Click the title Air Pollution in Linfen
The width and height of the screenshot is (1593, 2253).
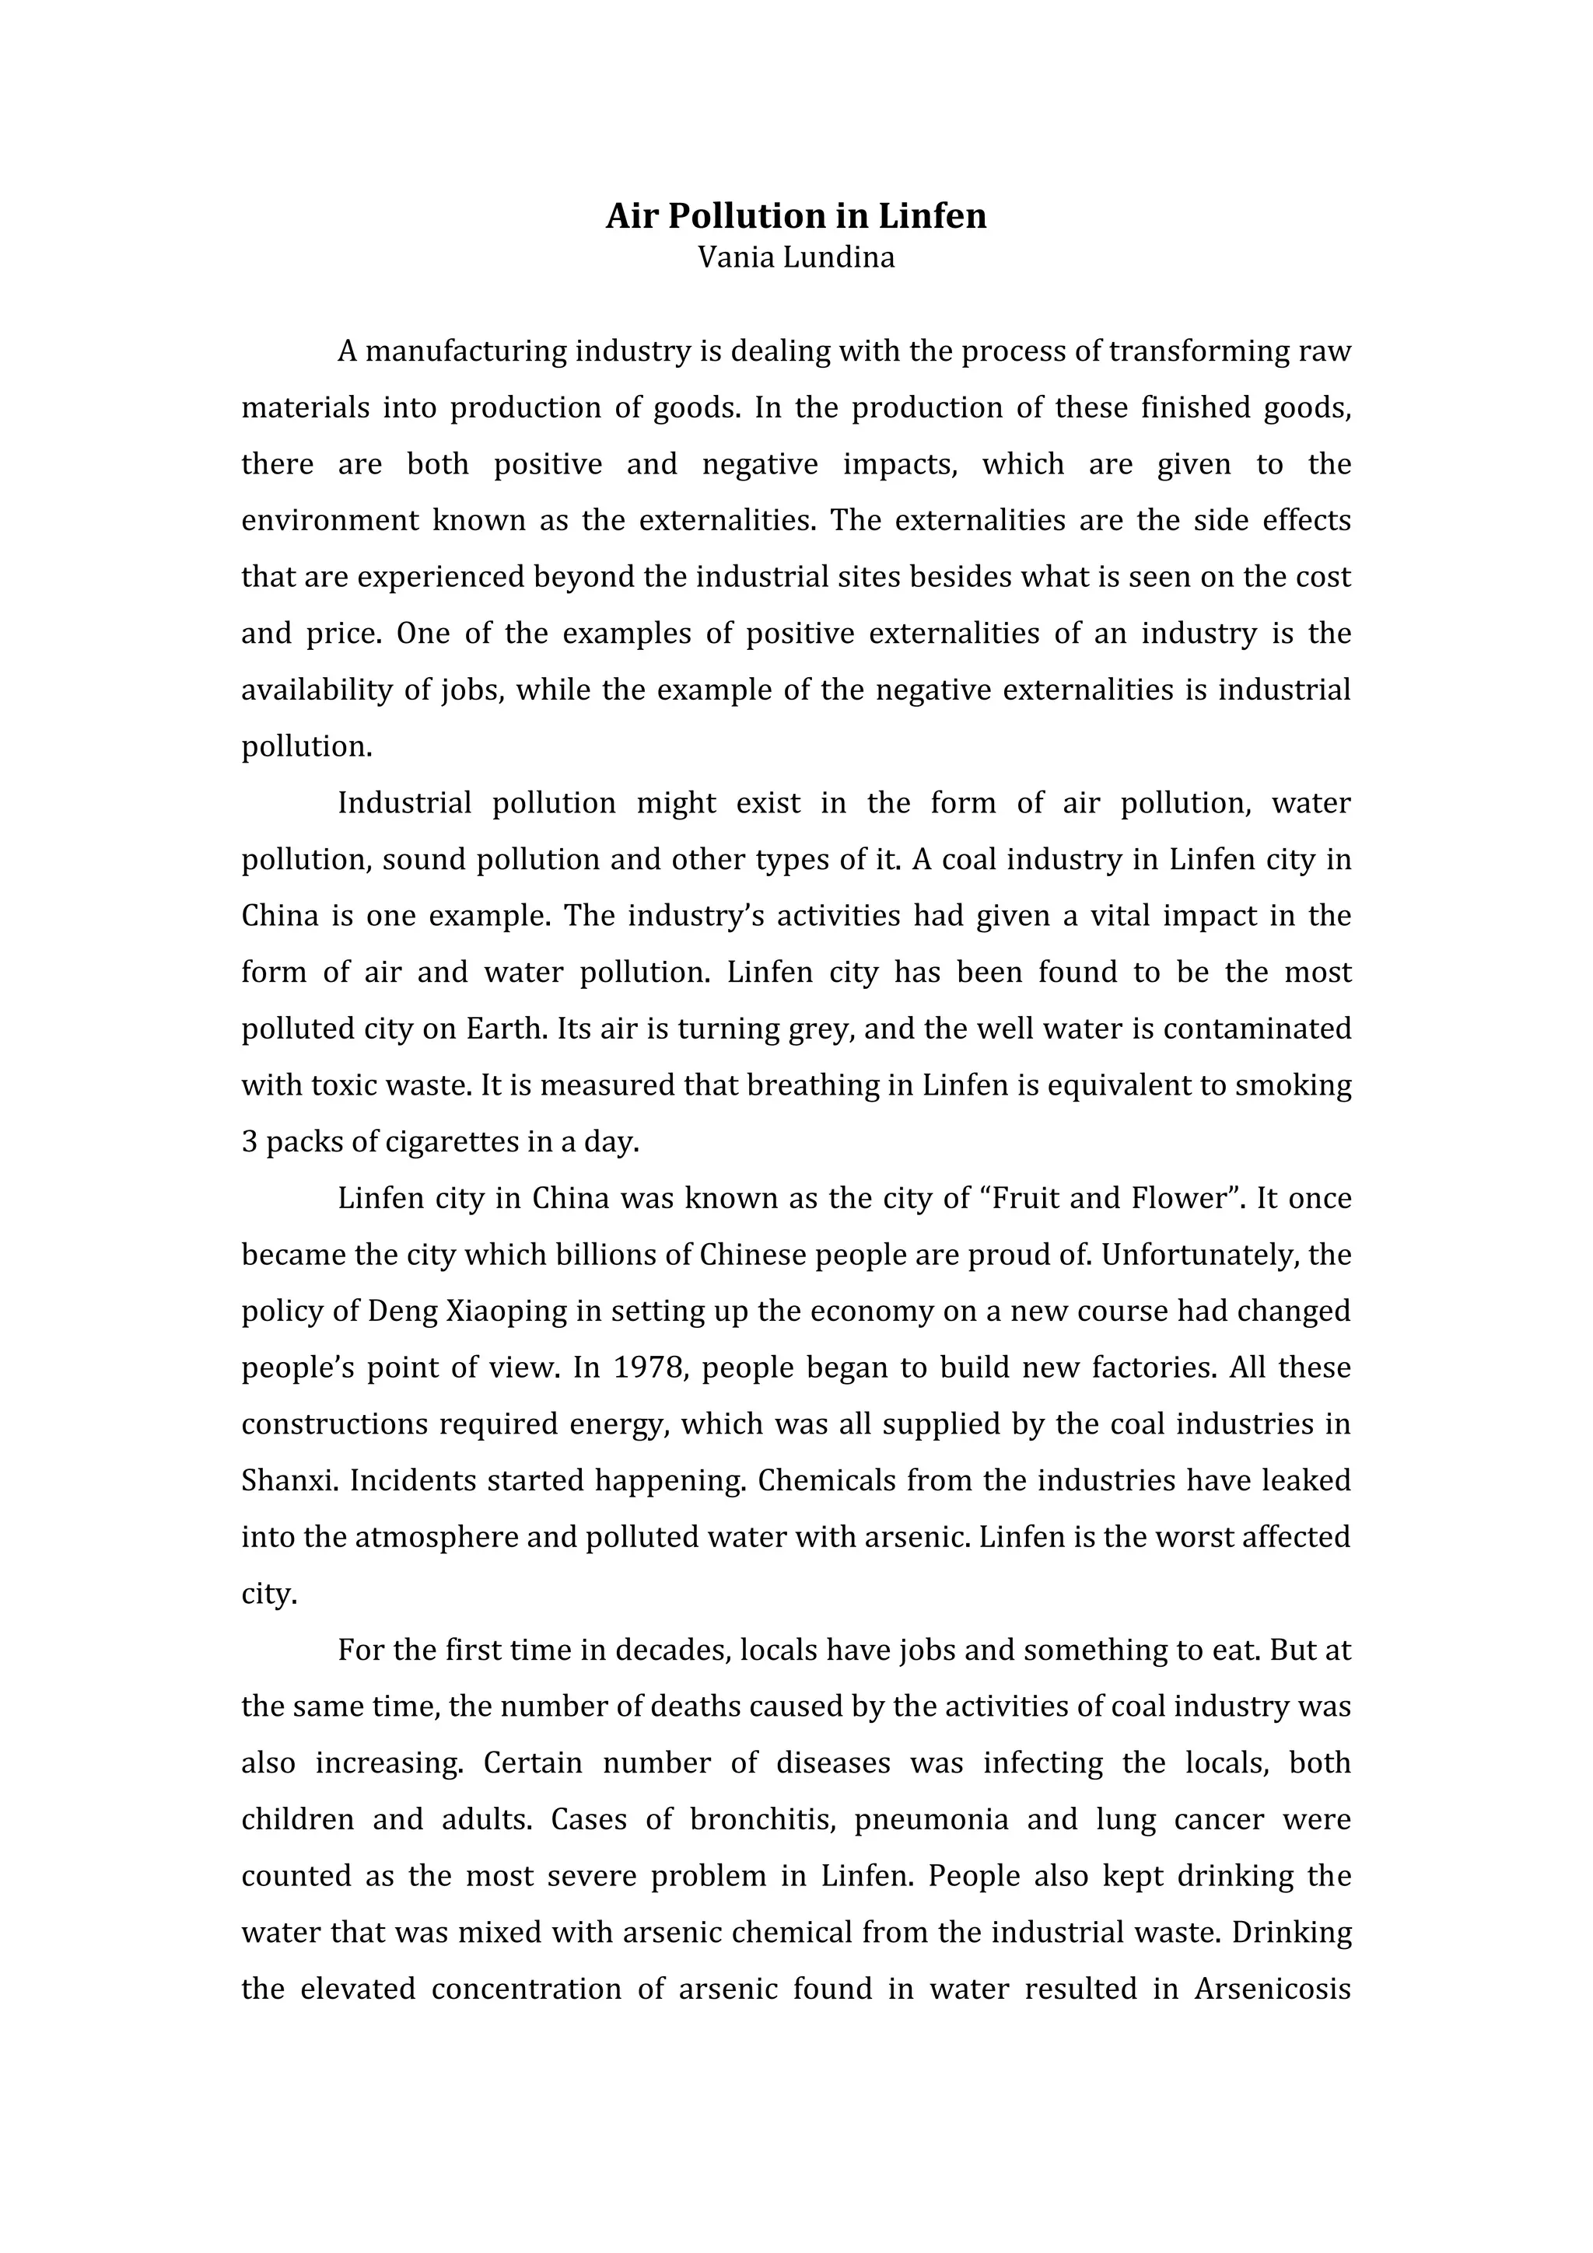[795, 216]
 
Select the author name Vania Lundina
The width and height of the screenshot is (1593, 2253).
[795, 258]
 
